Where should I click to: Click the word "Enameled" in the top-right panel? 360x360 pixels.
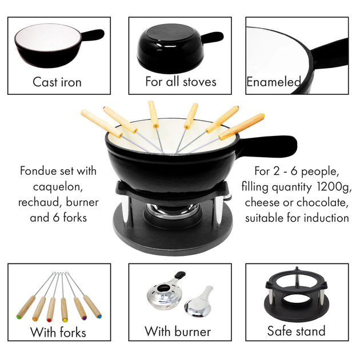(274, 82)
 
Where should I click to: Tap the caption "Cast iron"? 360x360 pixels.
(57, 82)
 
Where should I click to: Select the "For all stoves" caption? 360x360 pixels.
(181, 82)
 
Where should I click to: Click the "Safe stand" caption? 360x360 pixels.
(297, 331)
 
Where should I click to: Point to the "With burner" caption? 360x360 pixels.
(178, 331)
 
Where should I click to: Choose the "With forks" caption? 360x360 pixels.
(58, 332)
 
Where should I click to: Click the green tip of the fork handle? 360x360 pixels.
(18, 317)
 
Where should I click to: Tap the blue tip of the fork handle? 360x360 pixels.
(99, 317)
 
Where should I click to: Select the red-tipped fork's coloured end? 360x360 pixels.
(49, 320)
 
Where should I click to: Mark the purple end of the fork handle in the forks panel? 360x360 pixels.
(84, 318)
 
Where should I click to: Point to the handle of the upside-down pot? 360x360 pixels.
(213, 37)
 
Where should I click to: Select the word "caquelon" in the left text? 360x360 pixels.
(58, 187)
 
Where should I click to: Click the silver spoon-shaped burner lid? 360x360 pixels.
(199, 302)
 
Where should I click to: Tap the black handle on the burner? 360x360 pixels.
(180, 275)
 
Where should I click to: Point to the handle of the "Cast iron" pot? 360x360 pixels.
(93, 35)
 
